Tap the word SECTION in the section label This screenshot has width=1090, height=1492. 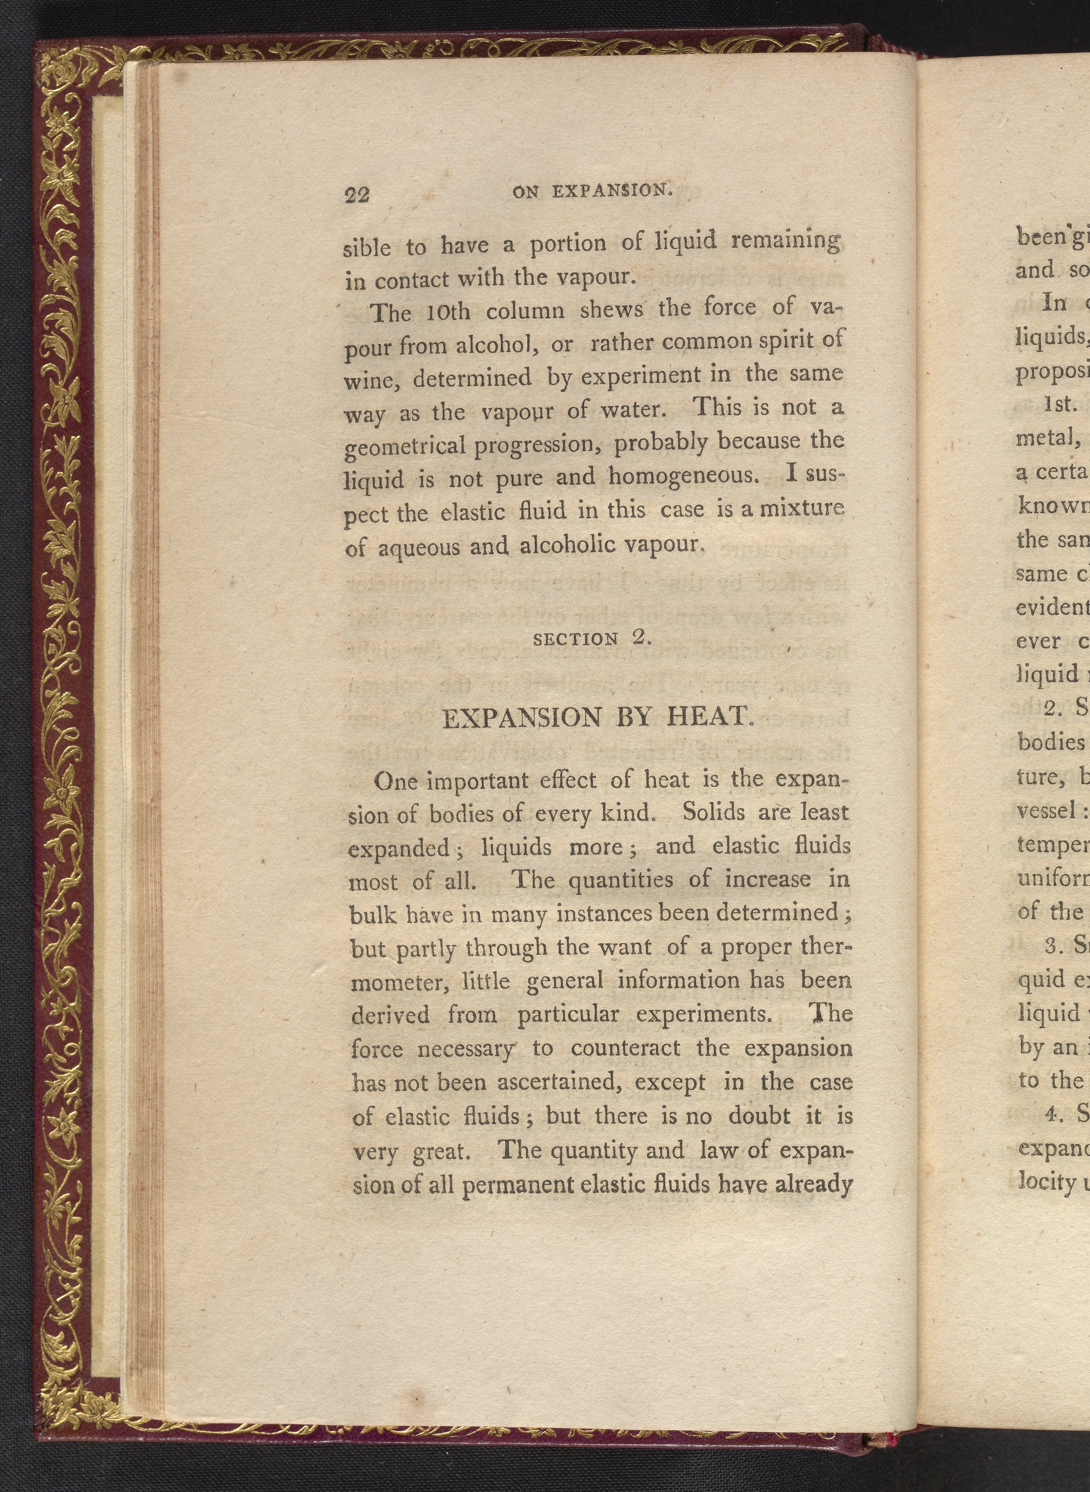click(575, 639)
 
